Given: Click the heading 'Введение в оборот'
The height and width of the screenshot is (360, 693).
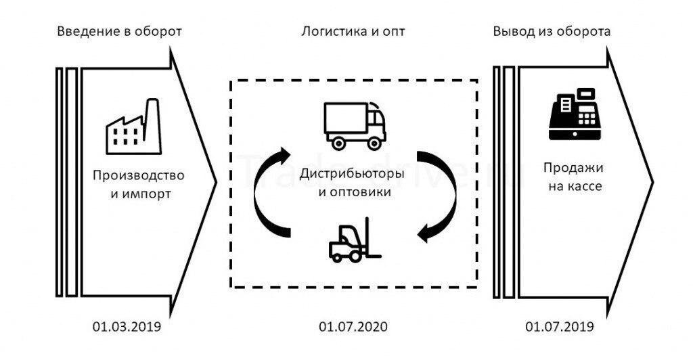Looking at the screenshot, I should tap(119, 32).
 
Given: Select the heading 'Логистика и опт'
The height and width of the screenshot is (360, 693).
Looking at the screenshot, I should tap(354, 32).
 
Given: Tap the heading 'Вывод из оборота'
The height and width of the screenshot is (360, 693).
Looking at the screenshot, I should tap(552, 32).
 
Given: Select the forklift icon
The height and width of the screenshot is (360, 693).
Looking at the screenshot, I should tap(354, 240).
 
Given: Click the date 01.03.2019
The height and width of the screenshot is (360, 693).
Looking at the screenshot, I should tap(127, 328).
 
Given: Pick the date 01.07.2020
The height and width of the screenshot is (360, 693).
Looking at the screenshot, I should tap(353, 328).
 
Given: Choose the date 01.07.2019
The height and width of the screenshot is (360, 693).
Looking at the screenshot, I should tap(560, 328).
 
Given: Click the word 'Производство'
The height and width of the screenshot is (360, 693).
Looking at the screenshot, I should tap(138, 176).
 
